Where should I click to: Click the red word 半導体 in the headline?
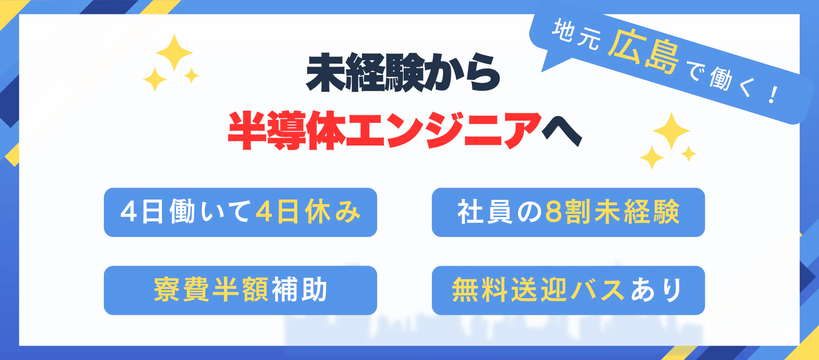point(287,131)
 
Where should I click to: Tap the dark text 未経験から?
point(403,72)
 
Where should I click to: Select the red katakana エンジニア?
point(444,131)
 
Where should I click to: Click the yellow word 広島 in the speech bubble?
point(643,52)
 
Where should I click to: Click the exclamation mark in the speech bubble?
point(773,95)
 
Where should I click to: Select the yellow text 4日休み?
point(308,211)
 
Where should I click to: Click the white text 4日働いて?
point(185,211)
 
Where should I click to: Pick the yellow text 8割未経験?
point(612,211)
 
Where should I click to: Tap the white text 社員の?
point(500,211)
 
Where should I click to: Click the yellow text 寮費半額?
point(211,290)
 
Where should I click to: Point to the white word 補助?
point(299,290)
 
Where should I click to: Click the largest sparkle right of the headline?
point(672,131)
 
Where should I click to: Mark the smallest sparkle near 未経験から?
point(191,76)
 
